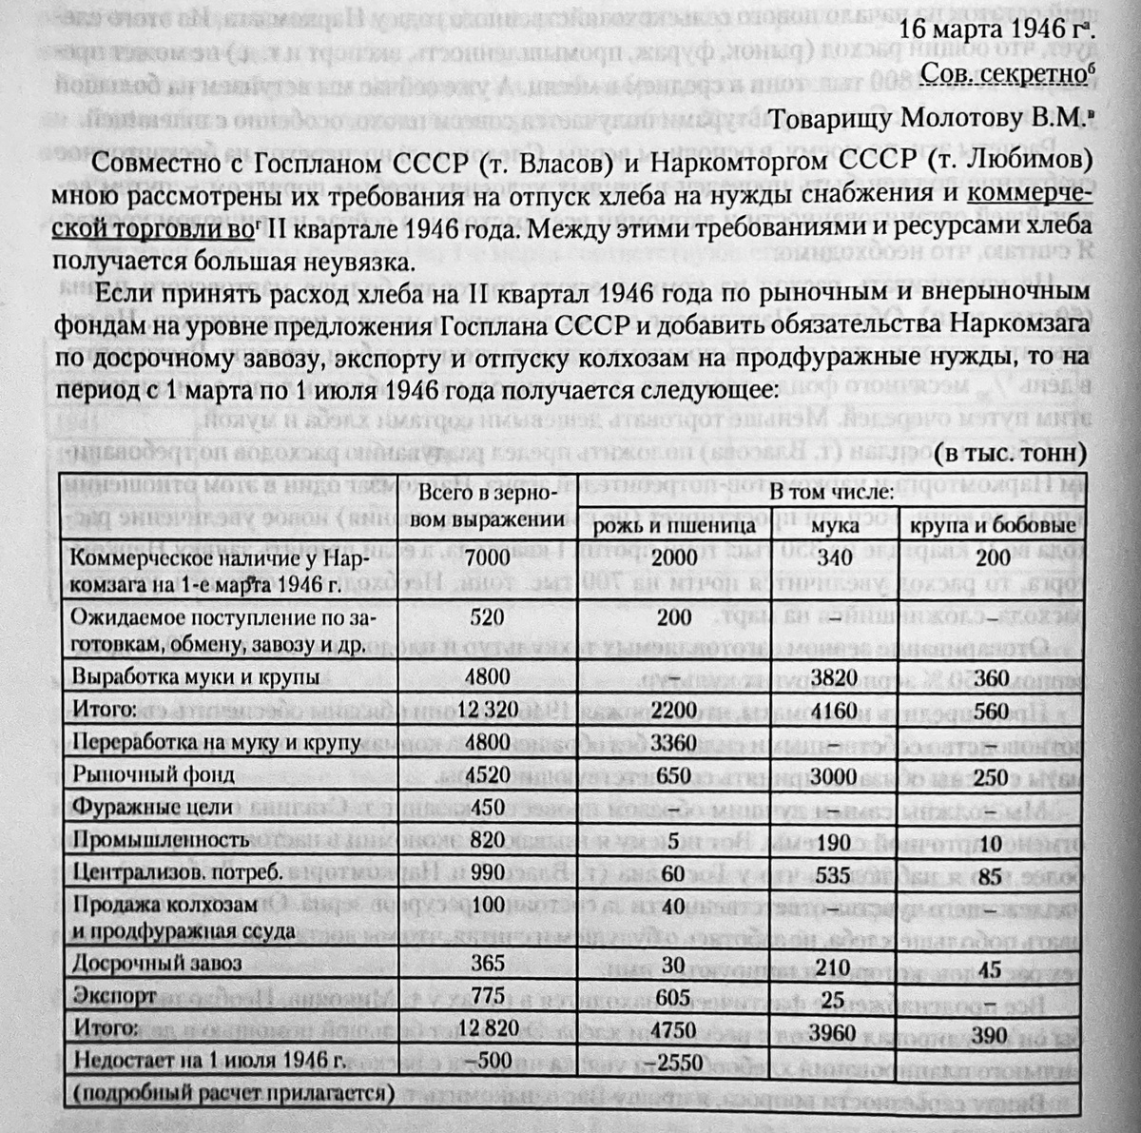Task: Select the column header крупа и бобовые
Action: (992, 524)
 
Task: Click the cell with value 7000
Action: (488, 557)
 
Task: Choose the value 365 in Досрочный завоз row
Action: (488, 963)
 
